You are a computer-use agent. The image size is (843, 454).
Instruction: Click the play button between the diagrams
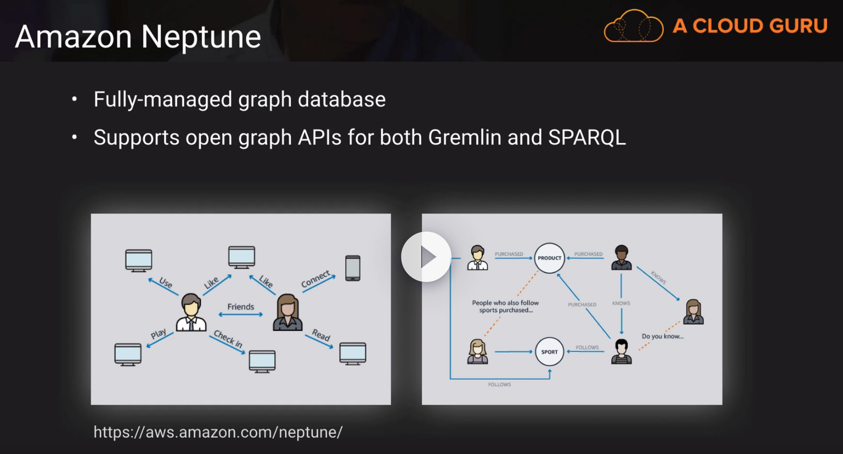[x=426, y=257]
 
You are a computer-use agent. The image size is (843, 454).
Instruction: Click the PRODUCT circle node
[x=549, y=258]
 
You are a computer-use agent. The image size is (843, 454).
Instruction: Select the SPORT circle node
[x=549, y=352]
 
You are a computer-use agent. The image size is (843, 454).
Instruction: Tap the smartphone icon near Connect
[x=352, y=268]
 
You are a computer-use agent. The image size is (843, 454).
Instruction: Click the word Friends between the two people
[x=240, y=307]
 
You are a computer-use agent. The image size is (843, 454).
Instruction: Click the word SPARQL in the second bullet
[x=587, y=138]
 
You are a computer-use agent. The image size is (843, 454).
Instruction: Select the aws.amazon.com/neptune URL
[x=218, y=432]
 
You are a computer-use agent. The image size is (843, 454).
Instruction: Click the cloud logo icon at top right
[x=633, y=26]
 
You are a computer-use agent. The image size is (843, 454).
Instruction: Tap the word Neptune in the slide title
[x=201, y=37]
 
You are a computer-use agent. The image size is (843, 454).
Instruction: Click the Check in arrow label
[x=228, y=338]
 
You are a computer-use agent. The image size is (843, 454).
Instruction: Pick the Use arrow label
[x=166, y=282]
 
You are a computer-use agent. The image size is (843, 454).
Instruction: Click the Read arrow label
[x=321, y=334]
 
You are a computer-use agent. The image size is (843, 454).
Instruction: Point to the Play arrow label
[x=159, y=333]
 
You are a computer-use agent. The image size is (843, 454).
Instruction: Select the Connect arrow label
[x=316, y=279]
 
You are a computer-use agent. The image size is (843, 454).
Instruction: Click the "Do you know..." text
[x=662, y=336]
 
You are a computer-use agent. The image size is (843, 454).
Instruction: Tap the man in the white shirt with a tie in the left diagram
[x=191, y=313]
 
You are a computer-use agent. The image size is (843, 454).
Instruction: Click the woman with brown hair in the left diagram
[x=287, y=313]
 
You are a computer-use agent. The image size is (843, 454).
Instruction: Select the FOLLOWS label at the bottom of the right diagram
[x=499, y=385]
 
